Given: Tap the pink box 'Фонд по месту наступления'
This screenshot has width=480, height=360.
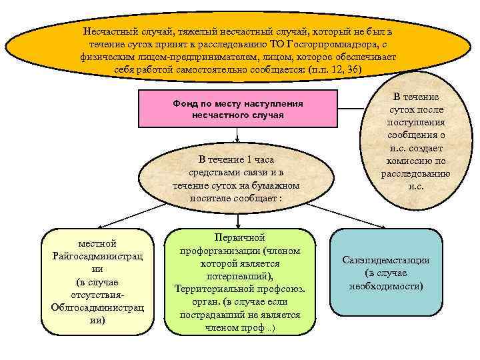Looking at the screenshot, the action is [237, 109].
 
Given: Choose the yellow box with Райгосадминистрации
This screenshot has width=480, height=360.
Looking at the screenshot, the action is [97, 281].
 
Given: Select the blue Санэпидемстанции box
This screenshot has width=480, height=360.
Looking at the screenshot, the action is [387, 272].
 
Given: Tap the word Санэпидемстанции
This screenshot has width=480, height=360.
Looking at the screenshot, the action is [386, 261].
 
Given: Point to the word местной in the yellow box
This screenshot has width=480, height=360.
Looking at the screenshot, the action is [97, 244].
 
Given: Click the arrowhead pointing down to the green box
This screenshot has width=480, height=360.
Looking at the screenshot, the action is [237, 225].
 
